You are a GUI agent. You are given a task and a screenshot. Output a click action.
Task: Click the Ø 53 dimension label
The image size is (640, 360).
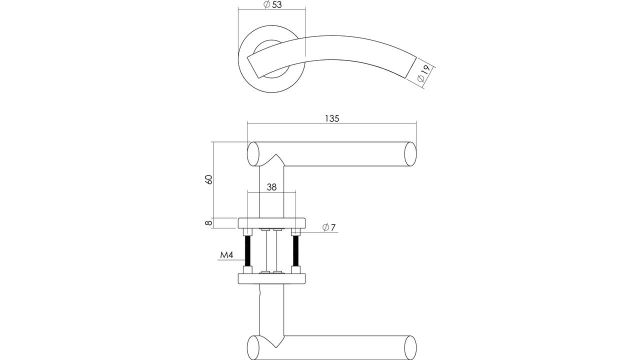point(272,4)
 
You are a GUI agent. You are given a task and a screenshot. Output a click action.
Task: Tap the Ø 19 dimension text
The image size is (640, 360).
point(423,73)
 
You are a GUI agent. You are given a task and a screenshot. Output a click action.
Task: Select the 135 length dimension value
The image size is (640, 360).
point(332,118)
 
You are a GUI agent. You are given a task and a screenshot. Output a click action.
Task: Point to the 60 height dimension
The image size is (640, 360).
point(209,179)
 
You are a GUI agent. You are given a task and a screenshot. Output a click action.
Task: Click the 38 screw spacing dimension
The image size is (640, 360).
point(271,187)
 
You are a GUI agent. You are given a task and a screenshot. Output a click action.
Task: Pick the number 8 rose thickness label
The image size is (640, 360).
point(209,222)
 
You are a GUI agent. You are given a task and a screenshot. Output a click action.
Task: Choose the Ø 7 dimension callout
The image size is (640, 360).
point(329,227)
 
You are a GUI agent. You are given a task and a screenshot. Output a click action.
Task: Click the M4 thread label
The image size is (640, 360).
point(227,255)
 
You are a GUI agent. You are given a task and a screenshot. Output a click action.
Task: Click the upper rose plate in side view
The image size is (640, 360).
point(271,223)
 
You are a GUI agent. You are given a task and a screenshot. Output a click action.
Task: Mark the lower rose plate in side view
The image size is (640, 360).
point(271,279)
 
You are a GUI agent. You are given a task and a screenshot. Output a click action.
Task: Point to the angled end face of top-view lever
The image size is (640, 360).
point(410,67)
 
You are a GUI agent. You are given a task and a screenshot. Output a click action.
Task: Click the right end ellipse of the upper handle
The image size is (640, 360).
point(410,154)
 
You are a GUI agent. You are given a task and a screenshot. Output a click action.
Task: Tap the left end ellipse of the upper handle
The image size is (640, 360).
point(253,154)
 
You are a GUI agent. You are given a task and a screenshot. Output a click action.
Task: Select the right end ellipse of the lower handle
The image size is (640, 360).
point(410,347)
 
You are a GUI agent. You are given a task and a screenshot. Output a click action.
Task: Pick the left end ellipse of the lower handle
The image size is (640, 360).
point(253,347)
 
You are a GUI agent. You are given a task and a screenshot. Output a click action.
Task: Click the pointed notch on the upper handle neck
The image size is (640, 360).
point(276,154)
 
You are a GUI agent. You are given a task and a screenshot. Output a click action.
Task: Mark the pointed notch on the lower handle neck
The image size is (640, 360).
point(276,347)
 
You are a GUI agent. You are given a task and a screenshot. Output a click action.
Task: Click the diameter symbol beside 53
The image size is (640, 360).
point(267,4)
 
